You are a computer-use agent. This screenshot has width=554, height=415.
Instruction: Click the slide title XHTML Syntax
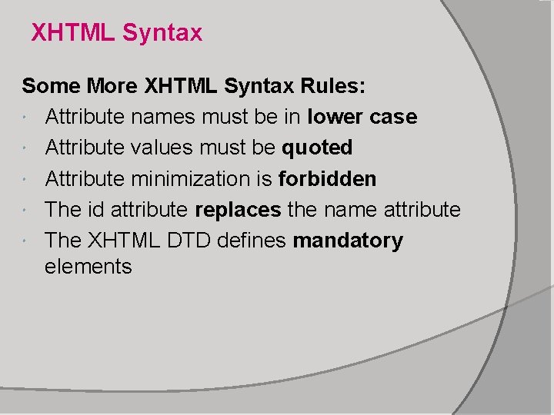coord(117,33)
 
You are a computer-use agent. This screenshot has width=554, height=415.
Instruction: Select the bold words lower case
coord(362,118)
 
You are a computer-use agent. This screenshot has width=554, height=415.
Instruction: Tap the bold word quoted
coord(317,148)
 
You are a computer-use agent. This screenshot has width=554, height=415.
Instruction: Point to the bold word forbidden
coord(327,179)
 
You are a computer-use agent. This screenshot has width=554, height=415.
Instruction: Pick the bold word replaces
coord(238,210)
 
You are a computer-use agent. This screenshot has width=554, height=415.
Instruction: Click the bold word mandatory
coord(348,241)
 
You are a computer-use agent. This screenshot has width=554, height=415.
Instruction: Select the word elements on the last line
coord(88,267)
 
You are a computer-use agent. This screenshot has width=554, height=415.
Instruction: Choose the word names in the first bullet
coord(160,118)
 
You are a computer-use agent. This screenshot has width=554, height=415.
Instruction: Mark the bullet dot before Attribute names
coord(28,118)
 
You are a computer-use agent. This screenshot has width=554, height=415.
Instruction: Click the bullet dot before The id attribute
coord(28,211)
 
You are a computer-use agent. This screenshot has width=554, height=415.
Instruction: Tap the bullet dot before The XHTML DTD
coord(28,241)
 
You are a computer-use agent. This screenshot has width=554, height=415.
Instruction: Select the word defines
coord(255,241)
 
